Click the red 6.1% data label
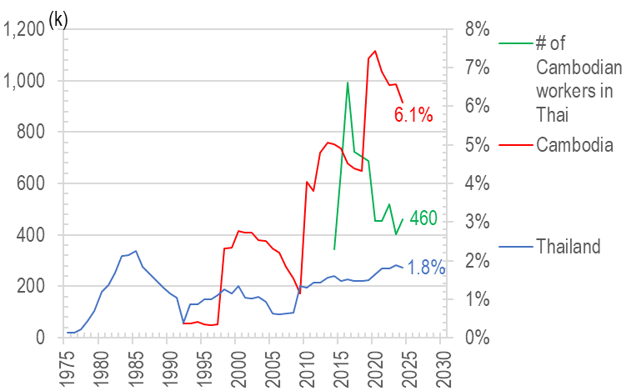(413, 116)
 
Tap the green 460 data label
(423, 219)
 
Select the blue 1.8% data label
(427, 268)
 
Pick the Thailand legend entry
(568, 246)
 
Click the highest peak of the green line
(348, 83)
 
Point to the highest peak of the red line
(375, 51)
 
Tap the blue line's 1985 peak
(136, 251)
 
